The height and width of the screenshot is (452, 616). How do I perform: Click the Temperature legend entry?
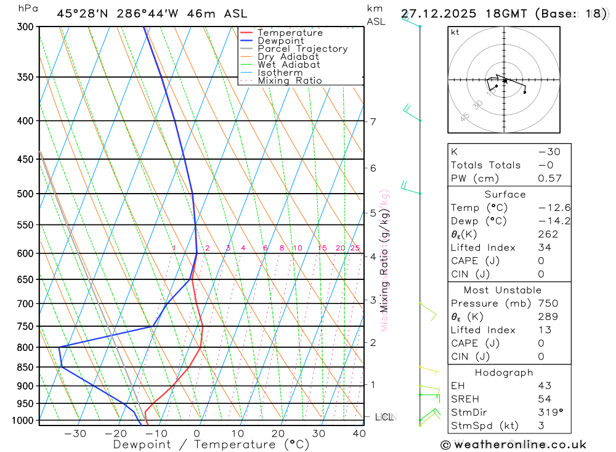click(x=290, y=33)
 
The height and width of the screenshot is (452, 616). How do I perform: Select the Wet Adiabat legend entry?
click(x=288, y=65)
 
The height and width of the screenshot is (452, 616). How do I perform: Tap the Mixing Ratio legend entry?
click(x=290, y=81)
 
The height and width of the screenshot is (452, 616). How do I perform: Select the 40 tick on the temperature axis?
click(x=358, y=434)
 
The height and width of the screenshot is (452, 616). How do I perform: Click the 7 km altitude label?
click(x=373, y=121)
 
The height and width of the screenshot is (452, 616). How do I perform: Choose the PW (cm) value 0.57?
click(x=549, y=178)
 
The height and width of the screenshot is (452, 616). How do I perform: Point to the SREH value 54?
click(x=545, y=399)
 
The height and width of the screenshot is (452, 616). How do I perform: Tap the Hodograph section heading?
click(x=504, y=372)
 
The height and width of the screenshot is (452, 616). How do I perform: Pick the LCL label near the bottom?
click(x=384, y=417)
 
